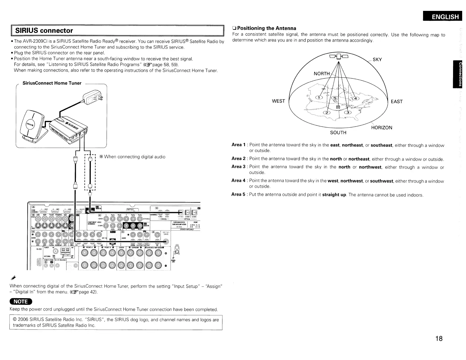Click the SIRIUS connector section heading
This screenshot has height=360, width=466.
(44, 31)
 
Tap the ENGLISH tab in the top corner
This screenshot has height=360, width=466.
(445, 17)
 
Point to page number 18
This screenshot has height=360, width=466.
(439, 339)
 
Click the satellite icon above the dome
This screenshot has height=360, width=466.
(339, 56)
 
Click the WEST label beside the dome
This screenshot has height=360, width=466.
(278, 101)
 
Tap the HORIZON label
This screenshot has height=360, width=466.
(382, 128)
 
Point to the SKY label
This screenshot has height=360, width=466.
(377, 60)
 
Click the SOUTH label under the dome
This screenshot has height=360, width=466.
(338, 133)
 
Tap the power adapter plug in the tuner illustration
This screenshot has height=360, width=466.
(94, 97)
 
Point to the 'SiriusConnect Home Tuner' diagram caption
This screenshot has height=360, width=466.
(52, 83)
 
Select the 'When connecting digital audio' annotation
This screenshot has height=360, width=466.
(132, 157)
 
